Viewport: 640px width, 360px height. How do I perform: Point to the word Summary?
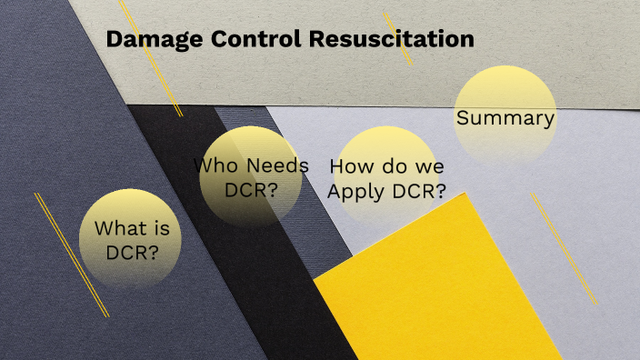(505, 118)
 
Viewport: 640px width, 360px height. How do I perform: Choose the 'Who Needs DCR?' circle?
(251, 176)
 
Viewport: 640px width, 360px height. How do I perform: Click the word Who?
(216, 166)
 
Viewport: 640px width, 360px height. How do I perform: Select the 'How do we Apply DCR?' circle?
(387, 178)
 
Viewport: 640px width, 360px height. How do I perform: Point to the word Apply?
(357, 191)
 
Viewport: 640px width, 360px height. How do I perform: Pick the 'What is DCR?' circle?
(131, 239)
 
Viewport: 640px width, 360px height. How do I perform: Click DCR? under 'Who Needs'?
(251, 190)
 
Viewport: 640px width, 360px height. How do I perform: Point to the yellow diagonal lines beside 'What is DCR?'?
(71, 254)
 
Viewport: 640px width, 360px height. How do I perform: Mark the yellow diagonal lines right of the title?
(397, 38)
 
